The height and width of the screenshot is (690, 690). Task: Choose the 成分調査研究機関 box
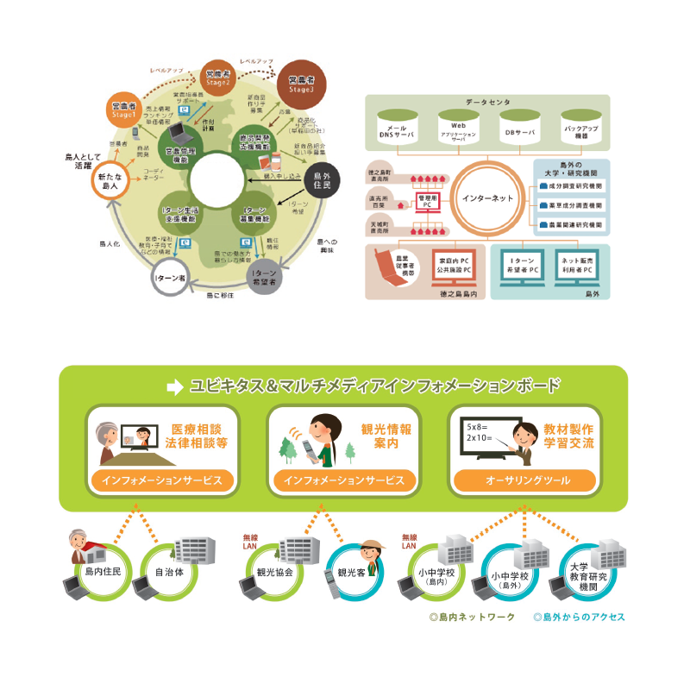coord(571,185)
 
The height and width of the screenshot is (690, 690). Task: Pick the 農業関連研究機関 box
coord(571,224)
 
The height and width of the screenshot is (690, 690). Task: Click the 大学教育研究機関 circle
coord(591,571)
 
